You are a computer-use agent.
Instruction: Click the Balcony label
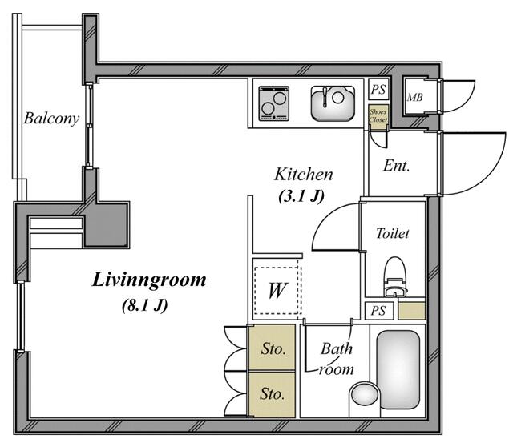pyautogui.click(x=51, y=119)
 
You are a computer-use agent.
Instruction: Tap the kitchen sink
pyautogui.click(x=333, y=103)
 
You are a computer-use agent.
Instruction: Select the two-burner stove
pyautogui.click(x=274, y=103)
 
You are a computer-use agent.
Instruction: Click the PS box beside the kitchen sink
pyautogui.click(x=378, y=89)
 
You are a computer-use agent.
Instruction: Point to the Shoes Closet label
pyautogui.click(x=378, y=116)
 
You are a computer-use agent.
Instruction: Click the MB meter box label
pyautogui.click(x=415, y=97)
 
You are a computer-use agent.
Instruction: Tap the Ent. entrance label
pyautogui.click(x=396, y=166)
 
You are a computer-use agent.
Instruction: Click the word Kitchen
pyautogui.click(x=304, y=175)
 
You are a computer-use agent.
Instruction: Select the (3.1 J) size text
pyautogui.click(x=301, y=196)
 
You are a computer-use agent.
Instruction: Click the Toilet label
pyautogui.click(x=392, y=233)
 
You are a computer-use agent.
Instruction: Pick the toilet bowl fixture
pyautogui.click(x=395, y=276)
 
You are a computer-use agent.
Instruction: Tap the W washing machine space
pyautogui.click(x=277, y=290)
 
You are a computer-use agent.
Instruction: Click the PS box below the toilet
pyautogui.click(x=379, y=310)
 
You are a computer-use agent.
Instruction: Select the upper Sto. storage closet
pyautogui.click(x=273, y=348)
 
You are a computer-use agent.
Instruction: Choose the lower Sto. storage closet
pyautogui.click(x=273, y=394)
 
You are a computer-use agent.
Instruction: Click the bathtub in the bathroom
pyautogui.click(x=398, y=369)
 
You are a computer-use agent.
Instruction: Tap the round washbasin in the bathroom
pyautogui.click(x=365, y=395)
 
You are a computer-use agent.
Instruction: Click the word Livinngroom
pyautogui.click(x=149, y=280)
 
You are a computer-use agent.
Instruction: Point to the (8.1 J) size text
pyautogui.click(x=145, y=306)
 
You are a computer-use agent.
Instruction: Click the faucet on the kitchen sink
pyautogui.click(x=325, y=96)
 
